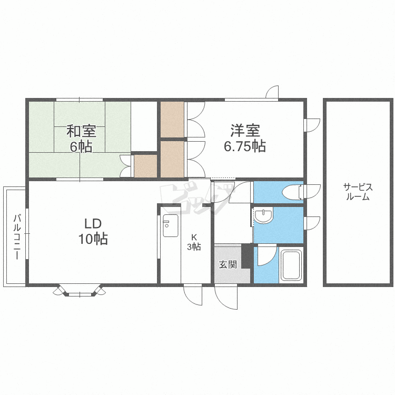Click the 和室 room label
click(x=81, y=131)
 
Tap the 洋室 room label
click(x=245, y=130)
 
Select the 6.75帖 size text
click(x=245, y=146)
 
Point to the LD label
click(x=93, y=223)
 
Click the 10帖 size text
click(x=93, y=239)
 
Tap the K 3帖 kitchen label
click(x=194, y=242)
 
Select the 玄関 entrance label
click(x=228, y=264)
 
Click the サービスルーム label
click(x=358, y=192)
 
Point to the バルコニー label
click(x=17, y=236)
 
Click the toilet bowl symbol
click(x=292, y=192)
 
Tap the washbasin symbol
click(x=263, y=215)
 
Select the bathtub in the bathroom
click(x=291, y=265)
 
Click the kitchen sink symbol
click(x=171, y=225)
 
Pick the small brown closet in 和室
click(x=145, y=166)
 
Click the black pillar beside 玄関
click(x=246, y=256)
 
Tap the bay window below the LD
click(x=80, y=291)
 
